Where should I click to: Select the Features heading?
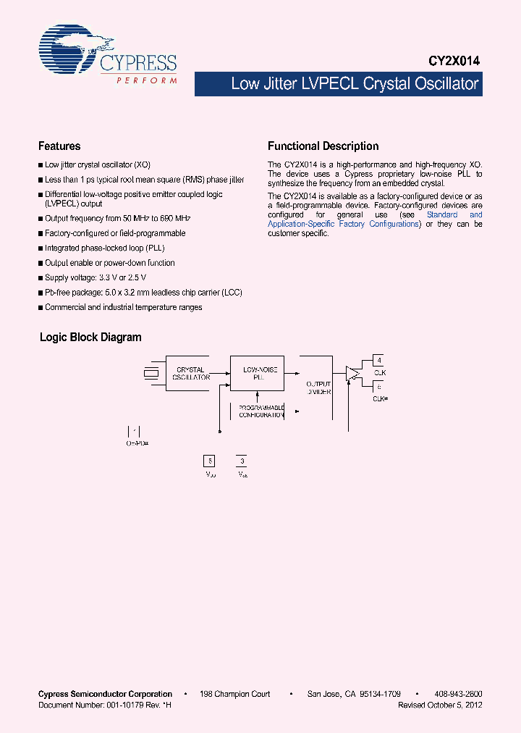coord(59,146)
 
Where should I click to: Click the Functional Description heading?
coord(323,146)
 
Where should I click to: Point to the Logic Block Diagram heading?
coord(90,338)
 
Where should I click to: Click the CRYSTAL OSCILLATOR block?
coord(191,374)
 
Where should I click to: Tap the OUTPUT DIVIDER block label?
coord(318,388)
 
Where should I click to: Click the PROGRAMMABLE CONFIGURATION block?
coord(261,411)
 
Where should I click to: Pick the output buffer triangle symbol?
coord(353,374)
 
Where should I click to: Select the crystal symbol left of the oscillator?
coord(151,374)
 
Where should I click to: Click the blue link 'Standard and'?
coord(454,215)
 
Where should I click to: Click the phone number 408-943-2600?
coord(459,694)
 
